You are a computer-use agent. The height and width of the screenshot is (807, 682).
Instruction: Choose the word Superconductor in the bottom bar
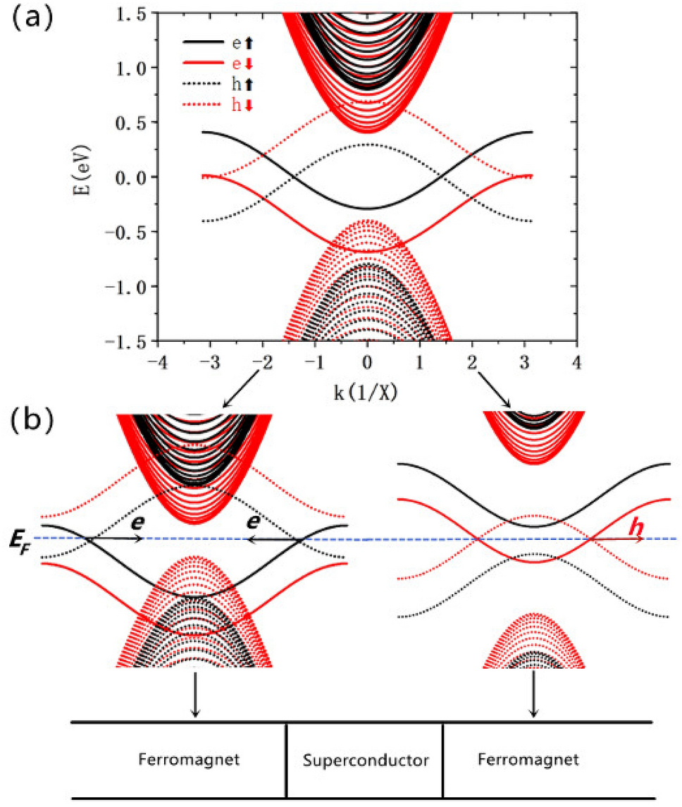[365, 761]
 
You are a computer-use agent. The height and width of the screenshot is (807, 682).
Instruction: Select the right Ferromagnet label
[527, 761]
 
